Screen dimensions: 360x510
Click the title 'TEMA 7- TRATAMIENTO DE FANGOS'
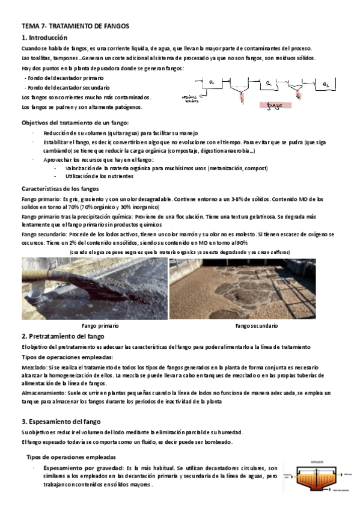(x=75, y=26)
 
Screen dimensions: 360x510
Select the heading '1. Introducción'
(x=46, y=38)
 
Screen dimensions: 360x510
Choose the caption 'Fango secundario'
(x=257, y=325)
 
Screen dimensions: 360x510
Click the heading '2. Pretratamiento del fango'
(x=63, y=336)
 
